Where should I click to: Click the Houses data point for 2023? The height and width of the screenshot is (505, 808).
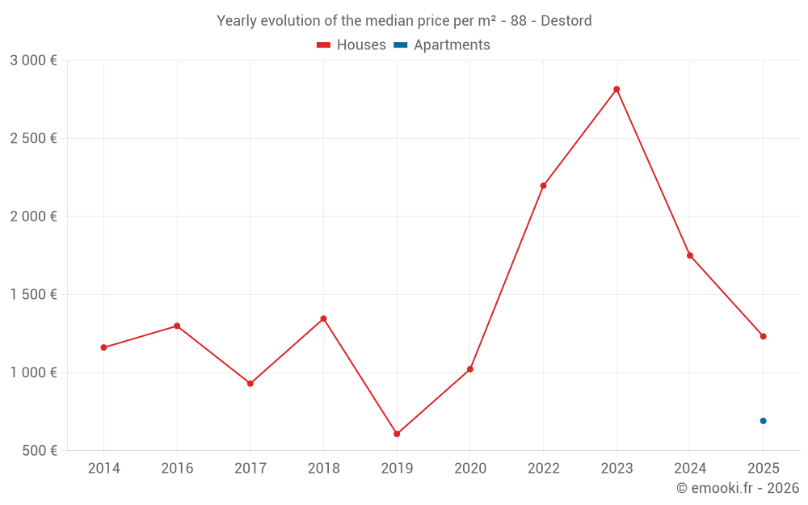point(617,89)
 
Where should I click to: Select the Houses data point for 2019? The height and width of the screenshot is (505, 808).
point(397,434)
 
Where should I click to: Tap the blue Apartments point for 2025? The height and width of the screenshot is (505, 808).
point(763,421)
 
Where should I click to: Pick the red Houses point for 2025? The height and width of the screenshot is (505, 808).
point(763,336)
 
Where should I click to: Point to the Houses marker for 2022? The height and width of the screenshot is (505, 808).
point(543,186)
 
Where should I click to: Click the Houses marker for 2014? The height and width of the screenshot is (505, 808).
point(103,347)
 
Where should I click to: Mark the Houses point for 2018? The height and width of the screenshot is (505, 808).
point(323,318)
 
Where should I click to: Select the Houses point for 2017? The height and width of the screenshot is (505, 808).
point(250,383)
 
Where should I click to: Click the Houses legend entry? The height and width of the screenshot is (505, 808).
point(351,45)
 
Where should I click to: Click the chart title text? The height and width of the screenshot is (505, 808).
point(404,20)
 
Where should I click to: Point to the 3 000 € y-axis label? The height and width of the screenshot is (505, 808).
point(33,61)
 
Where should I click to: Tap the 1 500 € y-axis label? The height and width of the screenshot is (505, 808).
point(33,295)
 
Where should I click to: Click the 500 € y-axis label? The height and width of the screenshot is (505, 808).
point(39,451)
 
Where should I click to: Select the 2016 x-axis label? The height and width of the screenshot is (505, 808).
point(177,469)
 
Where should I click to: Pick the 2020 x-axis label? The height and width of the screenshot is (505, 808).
point(470,469)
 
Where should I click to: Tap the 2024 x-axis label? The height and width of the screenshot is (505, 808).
point(690,469)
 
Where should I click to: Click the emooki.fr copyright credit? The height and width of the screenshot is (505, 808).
point(737,488)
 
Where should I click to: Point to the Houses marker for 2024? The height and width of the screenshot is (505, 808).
point(690,255)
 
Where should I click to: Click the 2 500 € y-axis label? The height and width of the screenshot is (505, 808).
point(33,138)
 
